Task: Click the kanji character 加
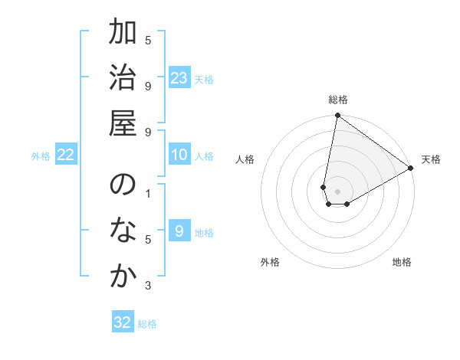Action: (123, 33)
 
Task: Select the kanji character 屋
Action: (123, 122)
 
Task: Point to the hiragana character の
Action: (123, 185)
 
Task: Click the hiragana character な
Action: (123, 230)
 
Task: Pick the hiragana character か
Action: (123, 275)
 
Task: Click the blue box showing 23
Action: (179, 78)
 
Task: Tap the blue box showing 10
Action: (179, 155)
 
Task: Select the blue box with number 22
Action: (66, 155)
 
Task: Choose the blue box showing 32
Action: (123, 322)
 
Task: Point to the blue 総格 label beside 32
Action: (147, 324)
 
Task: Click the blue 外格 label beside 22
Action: (41, 156)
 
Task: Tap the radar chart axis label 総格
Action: (338, 100)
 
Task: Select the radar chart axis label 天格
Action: (431, 159)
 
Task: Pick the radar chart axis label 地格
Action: (402, 262)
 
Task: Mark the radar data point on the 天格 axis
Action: (411, 169)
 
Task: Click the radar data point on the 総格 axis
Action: (337, 116)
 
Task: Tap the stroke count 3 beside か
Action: (148, 286)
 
